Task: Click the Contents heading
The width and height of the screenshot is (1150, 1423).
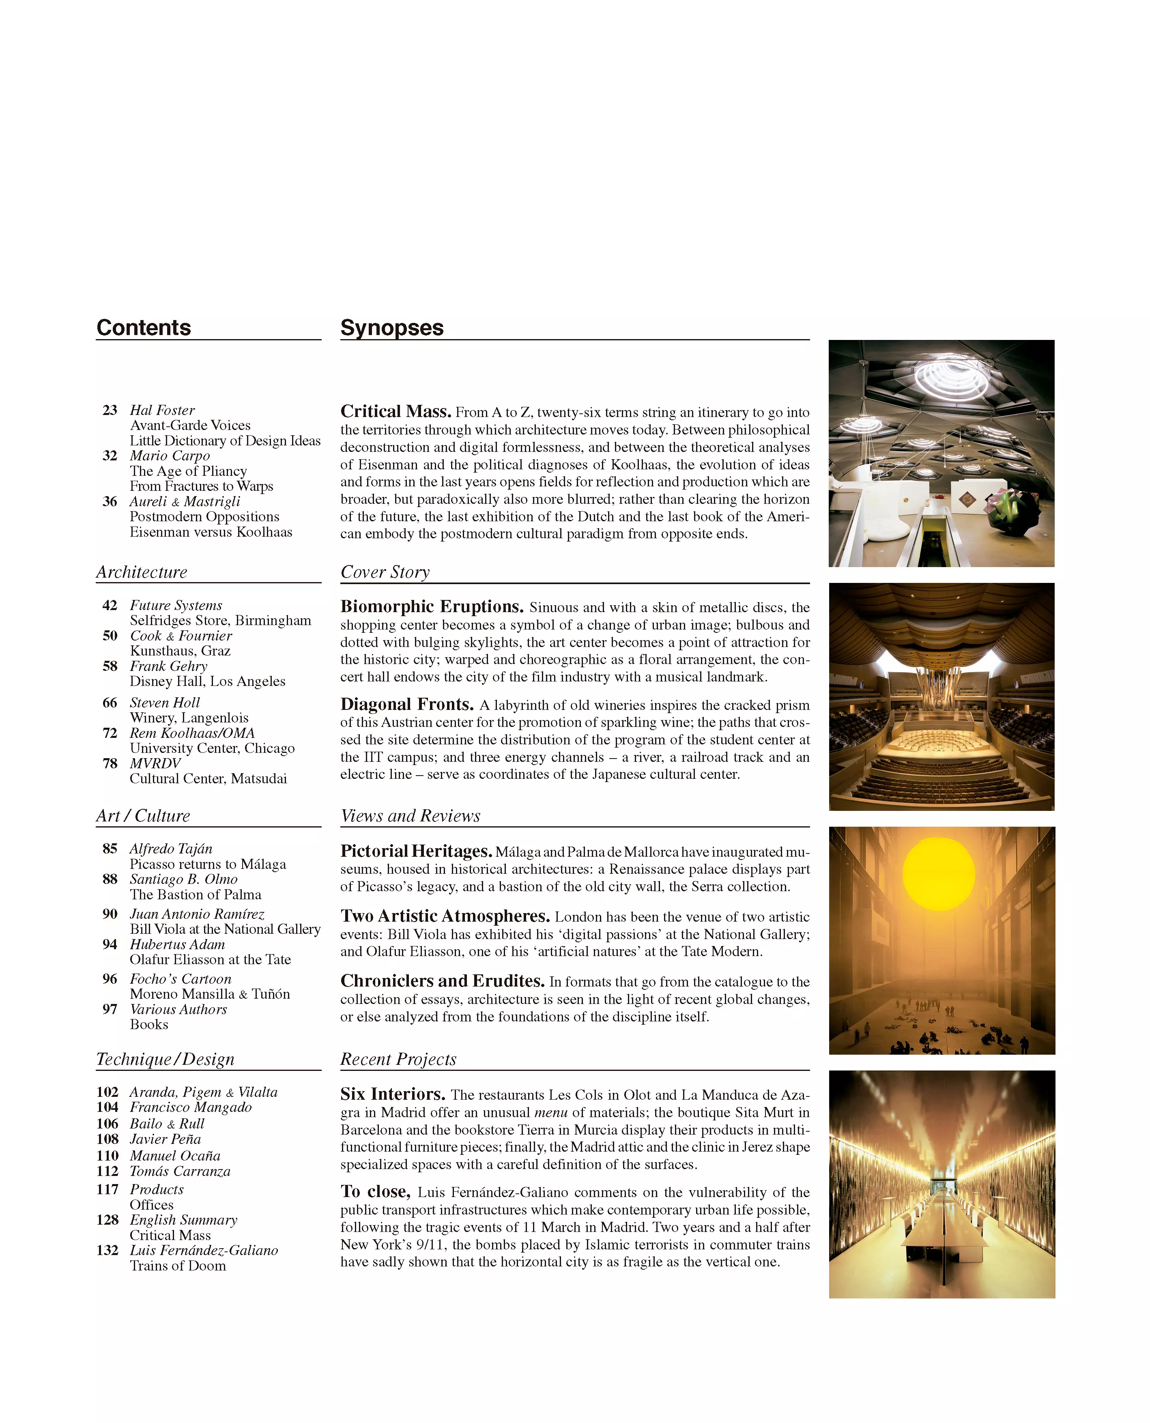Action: [x=143, y=328]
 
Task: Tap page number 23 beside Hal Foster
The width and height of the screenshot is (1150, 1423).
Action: [x=110, y=410]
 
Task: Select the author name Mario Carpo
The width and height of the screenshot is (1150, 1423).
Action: [x=170, y=456]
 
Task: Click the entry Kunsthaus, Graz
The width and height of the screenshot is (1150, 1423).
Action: [x=180, y=651]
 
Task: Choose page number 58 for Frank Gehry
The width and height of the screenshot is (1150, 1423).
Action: [x=110, y=666]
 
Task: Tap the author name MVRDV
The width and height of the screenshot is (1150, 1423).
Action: [x=155, y=763]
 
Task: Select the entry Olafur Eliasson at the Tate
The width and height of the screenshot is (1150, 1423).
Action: [x=210, y=959]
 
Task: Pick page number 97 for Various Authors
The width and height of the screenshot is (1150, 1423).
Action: [x=110, y=1009]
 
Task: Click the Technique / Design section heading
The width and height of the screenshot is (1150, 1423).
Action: [x=166, y=1059]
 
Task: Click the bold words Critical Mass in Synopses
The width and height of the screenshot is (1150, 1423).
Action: [x=396, y=411]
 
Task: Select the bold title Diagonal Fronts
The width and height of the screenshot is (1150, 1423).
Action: [x=407, y=704]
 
